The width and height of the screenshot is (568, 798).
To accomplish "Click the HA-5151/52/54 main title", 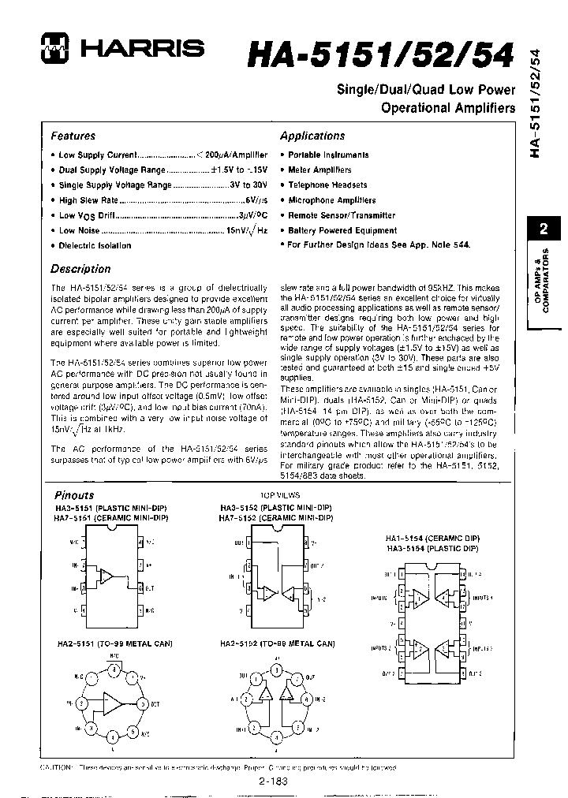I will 383,55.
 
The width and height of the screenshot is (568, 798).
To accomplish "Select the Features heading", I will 73,136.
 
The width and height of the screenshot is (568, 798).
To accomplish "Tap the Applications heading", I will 312,136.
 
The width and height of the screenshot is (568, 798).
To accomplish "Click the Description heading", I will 80,268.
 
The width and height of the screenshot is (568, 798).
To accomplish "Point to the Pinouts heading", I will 74,495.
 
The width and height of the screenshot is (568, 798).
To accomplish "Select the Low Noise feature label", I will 79,230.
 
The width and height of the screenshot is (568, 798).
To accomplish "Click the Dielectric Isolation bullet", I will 95,245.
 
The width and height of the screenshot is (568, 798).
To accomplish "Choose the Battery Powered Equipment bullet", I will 342,230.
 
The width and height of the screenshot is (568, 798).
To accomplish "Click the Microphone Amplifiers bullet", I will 331,200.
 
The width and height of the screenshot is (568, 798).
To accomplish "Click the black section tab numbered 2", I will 543,229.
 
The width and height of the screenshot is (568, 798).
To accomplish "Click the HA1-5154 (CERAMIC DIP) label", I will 433,537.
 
